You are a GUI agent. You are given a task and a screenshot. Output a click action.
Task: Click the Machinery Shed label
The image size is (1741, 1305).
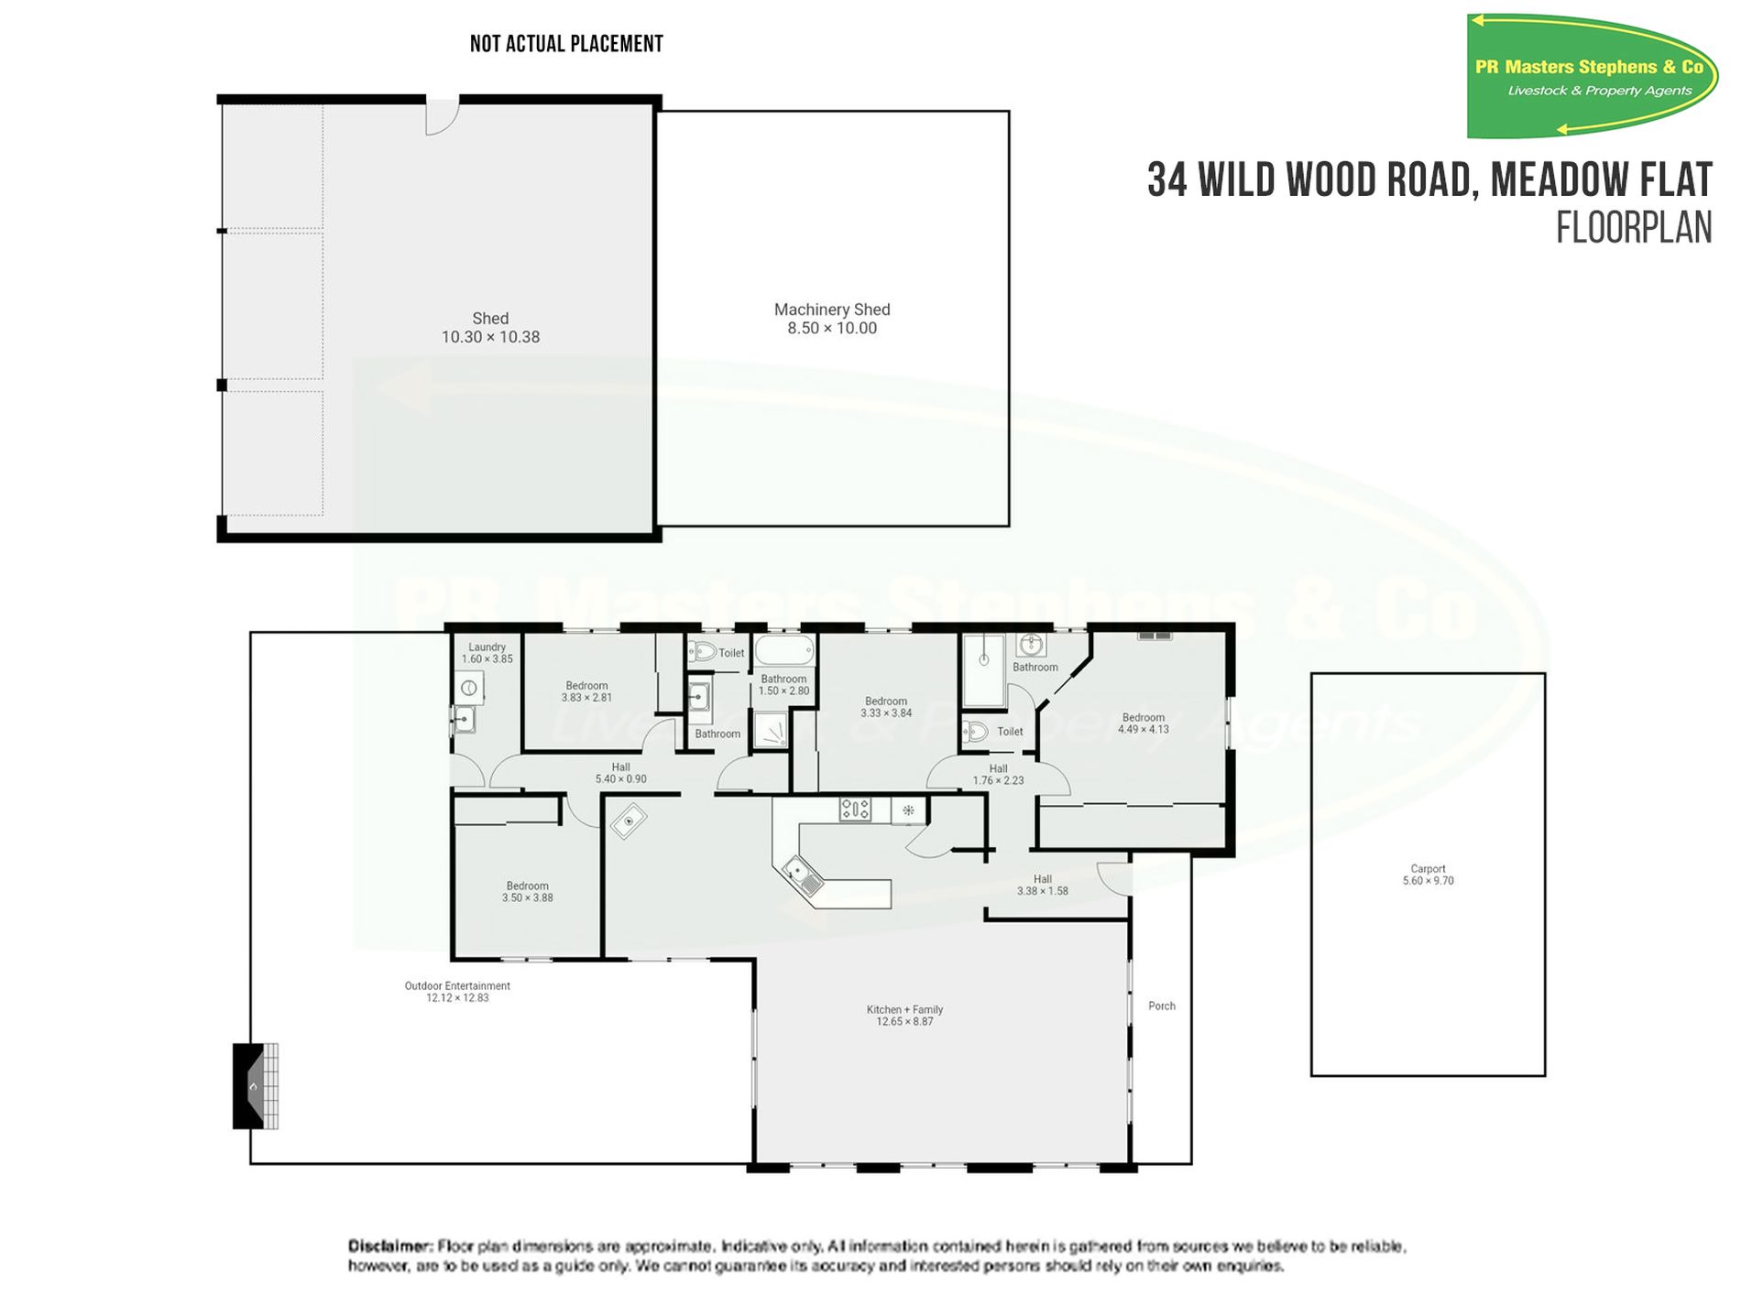click(831, 319)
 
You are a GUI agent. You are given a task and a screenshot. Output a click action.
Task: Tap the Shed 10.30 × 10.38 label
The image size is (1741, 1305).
click(490, 328)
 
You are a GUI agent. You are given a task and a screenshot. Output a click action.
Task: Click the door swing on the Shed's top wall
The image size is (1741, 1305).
click(442, 117)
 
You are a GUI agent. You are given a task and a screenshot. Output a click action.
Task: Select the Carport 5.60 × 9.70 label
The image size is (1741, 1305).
click(1428, 875)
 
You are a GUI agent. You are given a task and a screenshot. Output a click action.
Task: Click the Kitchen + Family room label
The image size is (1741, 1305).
click(904, 1015)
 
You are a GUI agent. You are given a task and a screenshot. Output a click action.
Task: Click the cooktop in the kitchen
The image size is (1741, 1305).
click(855, 809)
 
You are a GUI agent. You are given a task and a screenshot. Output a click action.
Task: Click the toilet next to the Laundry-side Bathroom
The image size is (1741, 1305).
click(703, 652)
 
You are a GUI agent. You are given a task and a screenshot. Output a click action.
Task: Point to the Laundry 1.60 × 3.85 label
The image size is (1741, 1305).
click(487, 653)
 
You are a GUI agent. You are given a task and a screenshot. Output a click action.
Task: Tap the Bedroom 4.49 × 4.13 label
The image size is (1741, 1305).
click(1143, 723)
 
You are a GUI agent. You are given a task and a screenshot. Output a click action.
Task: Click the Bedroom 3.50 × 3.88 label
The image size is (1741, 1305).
click(527, 892)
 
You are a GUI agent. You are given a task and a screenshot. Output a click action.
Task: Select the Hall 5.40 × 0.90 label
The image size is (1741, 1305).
click(620, 773)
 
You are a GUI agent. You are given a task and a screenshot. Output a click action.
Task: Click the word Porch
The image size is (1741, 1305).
click(1161, 1006)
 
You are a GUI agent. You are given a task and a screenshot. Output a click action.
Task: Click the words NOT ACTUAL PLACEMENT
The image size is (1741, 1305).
click(565, 44)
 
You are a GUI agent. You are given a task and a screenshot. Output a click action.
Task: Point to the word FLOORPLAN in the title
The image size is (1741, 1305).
click(1633, 228)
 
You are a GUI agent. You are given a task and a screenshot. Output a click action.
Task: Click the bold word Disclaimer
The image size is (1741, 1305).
click(389, 1245)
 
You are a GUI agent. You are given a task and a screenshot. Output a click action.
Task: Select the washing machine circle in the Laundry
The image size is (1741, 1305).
click(469, 688)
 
